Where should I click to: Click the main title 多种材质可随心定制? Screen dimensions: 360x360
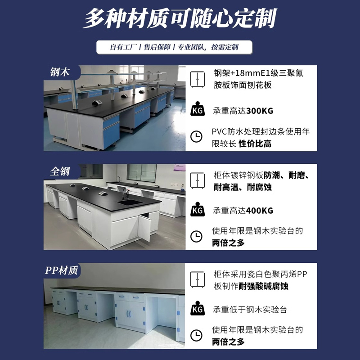tap(180, 18)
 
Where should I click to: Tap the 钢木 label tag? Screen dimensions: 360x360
tap(60, 72)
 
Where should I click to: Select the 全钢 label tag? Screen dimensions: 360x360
tap(60, 171)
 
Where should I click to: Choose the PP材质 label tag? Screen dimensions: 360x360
tap(62, 270)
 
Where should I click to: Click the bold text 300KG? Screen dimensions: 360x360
tap(260, 111)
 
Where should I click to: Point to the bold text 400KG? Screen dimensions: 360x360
tap(260, 211)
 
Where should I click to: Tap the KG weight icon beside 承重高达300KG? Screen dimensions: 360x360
tap(198, 108)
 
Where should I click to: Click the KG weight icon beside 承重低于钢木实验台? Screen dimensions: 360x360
tap(198, 308)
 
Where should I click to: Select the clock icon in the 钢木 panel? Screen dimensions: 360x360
tap(196, 137)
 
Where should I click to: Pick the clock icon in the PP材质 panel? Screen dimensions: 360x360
tap(196, 335)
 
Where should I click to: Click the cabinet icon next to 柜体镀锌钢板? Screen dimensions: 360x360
tap(198, 180)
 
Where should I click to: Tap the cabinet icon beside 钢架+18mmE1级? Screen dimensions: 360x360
tap(198, 79)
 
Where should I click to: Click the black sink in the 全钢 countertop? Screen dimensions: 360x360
tap(129, 202)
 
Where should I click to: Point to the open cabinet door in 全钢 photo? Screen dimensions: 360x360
tap(144, 227)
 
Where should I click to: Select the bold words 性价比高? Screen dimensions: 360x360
tap(255, 144)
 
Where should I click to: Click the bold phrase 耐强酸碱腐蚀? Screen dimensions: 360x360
tap(263, 286)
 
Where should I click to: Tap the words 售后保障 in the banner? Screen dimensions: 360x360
tap(157, 47)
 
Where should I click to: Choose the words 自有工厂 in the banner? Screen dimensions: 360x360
tap(123, 47)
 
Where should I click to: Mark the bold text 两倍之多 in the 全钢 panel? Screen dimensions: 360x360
tap(228, 243)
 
